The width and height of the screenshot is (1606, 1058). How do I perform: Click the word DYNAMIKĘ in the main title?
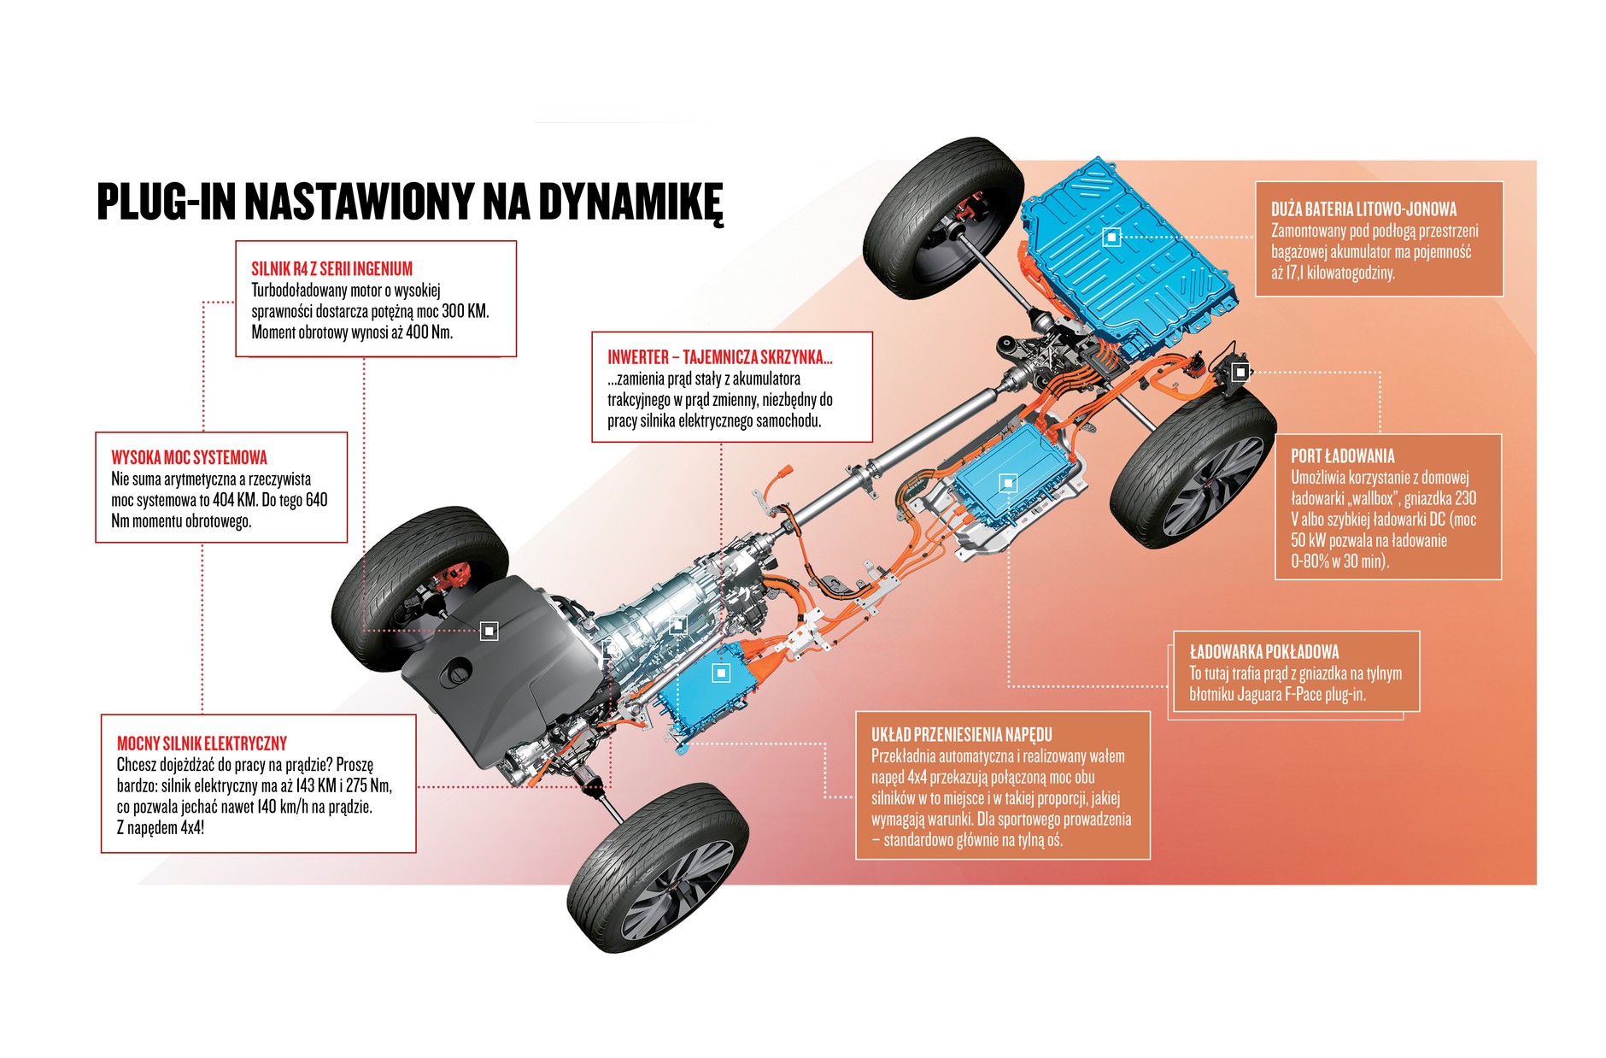pos(630,202)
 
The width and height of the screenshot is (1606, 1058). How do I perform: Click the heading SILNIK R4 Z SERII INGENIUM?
pos(331,269)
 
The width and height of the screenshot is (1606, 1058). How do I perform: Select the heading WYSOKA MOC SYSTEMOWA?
pos(189,458)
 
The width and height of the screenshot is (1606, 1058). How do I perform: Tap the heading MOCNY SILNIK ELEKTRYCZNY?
pos(202,744)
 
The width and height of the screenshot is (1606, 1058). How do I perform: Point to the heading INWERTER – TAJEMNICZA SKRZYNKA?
pos(719,357)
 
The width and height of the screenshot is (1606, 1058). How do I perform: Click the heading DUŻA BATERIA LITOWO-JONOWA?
pos(1363,209)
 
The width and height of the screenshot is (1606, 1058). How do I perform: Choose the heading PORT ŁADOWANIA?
pos(1342,456)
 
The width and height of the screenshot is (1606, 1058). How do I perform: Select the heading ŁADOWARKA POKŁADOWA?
pos(1263,652)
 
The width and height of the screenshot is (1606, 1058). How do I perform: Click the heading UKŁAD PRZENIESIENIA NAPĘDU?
pos(961,735)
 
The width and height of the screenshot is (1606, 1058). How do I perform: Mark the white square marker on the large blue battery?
pos(1111,237)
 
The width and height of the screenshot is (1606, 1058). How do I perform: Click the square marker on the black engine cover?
pos(489,631)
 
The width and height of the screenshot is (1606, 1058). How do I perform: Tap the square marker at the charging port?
pos(1240,372)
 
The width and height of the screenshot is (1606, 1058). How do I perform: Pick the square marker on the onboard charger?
pos(1008,483)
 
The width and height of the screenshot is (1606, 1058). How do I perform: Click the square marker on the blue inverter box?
pos(721,673)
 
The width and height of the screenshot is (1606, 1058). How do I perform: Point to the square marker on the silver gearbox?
pos(677,625)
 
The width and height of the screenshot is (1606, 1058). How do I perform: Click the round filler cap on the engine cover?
pos(456,673)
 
